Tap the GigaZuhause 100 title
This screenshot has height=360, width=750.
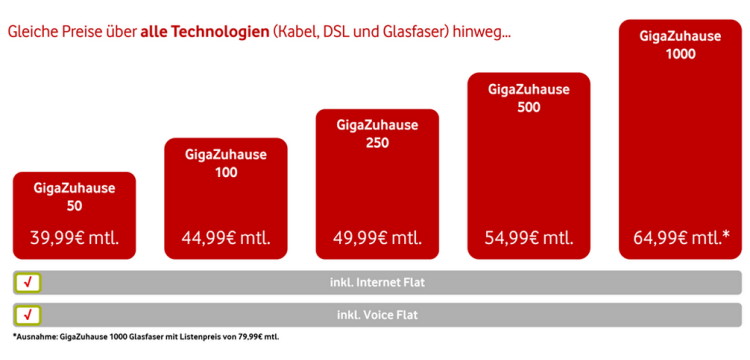click(x=226, y=164)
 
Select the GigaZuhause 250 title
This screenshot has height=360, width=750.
click(x=377, y=134)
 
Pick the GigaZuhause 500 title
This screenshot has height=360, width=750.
click(x=529, y=98)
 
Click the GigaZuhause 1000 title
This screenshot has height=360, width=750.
click(x=680, y=45)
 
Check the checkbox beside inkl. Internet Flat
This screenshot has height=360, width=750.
click(x=28, y=283)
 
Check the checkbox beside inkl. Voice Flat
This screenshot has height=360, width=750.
click(x=28, y=315)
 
